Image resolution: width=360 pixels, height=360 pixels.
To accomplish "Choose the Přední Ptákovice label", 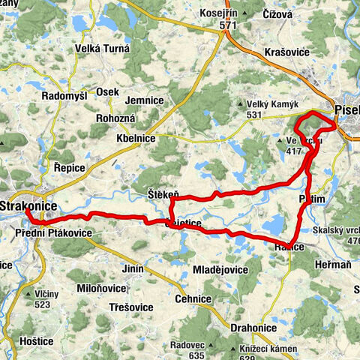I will tap(53, 234).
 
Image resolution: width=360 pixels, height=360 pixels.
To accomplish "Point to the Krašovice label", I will tap(287, 52).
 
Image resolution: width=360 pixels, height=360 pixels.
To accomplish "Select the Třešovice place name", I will tap(132, 307).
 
